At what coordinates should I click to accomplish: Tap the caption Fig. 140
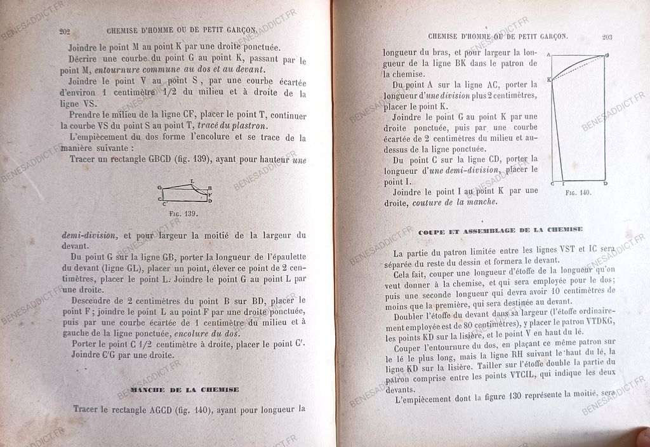[x=577, y=192]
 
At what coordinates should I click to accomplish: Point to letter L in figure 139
[x=193, y=180]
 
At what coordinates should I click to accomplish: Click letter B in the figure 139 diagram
[x=210, y=188]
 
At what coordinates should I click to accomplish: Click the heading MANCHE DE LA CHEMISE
[x=184, y=389]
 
